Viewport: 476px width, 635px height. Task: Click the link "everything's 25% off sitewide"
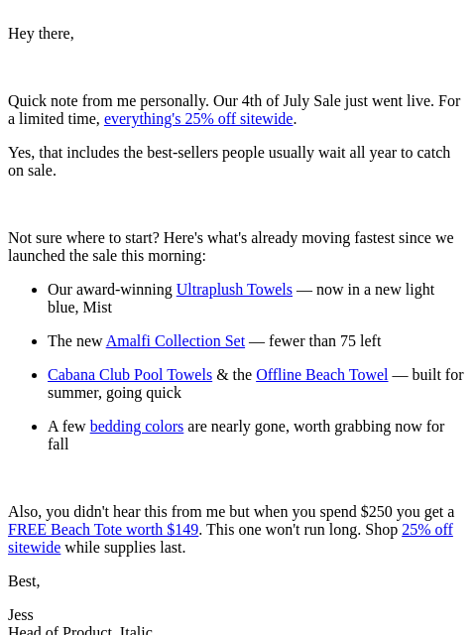pyautogui.click(x=198, y=119)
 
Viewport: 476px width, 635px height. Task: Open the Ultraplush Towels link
pyautogui.click(x=234, y=290)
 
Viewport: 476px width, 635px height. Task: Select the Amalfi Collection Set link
pyautogui.click(x=176, y=341)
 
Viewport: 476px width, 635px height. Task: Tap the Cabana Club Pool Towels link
pyautogui.click(x=130, y=375)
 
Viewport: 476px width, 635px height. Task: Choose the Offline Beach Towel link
pyautogui.click(x=321, y=375)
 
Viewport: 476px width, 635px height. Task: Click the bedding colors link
pyautogui.click(x=137, y=427)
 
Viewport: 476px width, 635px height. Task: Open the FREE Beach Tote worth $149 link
pyautogui.click(x=103, y=530)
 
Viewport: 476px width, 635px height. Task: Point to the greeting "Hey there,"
pyautogui.click(x=41, y=34)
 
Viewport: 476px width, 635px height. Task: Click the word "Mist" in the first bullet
pyautogui.click(x=97, y=308)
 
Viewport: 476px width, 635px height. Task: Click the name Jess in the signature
pyautogui.click(x=21, y=615)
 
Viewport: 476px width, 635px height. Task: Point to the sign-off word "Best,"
pyautogui.click(x=24, y=581)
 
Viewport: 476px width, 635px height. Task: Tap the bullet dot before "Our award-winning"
pyautogui.click(x=35, y=291)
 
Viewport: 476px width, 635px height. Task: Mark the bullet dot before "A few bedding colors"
pyautogui.click(x=35, y=428)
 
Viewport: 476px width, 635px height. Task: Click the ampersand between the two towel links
pyautogui.click(x=222, y=375)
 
